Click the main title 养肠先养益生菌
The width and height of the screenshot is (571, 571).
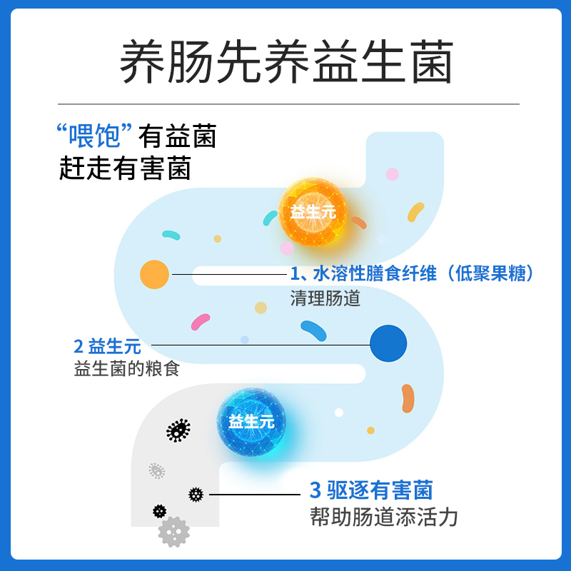(x=287, y=61)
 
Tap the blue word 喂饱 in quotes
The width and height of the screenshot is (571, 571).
(x=94, y=136)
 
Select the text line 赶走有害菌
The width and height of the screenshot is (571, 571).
(x=125, y=168)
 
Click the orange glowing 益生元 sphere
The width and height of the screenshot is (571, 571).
(x=313, y=212)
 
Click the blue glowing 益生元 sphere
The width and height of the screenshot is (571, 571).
(x=251, y=422)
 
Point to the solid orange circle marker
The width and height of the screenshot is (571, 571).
(x=154, y=275)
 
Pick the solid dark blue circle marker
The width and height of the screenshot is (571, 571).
(x=388, y=343)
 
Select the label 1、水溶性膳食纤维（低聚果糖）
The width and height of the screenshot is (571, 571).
(x=412, y=273)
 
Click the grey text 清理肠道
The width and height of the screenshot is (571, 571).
(x=325, y=298)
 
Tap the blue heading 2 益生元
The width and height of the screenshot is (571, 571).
(x=107, y=346)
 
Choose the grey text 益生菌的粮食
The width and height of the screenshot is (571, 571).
(x=127, y=369)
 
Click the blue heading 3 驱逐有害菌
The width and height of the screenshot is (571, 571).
(x=371, y=490)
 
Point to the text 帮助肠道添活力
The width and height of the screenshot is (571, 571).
(x=384, y=517)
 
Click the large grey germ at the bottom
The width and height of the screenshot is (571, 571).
(x=174, y=532)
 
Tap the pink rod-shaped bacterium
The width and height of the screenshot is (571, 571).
(x=201, y=322)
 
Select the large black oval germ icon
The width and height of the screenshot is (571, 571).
(x=178, y=430)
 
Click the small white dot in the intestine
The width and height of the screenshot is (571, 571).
(x=339, y=413)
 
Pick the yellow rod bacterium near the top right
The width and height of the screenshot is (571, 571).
(x=415, y=212)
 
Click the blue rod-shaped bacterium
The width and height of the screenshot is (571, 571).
(x=313, y=330)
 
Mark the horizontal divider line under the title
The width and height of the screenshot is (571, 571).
(x=288, y=104)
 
